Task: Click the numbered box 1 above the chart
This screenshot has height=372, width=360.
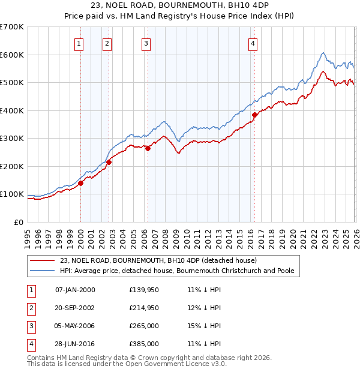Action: click(80, 43)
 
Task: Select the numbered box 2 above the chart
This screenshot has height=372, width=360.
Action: click(106, 43)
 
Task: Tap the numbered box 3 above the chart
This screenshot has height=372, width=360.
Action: click(146, 43)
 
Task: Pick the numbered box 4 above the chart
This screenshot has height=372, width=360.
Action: click(253, 43)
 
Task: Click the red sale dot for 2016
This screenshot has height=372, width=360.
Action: click(254, 115)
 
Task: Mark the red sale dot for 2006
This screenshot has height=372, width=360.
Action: click(148, 148)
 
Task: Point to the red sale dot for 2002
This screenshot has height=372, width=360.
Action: click(109, 162)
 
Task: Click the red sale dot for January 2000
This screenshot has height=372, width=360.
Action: click(80, 183)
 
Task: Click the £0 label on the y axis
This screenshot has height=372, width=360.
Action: click(18, 222)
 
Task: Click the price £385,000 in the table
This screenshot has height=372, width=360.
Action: click(143, 344)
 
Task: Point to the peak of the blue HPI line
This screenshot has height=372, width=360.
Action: click(323, 53)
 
